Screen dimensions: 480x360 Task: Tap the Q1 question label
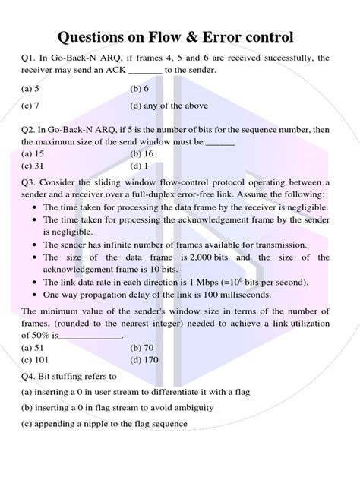(30, 58)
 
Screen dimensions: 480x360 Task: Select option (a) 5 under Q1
(31, 88)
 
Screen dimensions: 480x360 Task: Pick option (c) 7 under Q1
(31, 106)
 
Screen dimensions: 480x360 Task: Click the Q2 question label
(30, 129)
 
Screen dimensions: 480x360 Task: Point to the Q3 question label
(30, 182)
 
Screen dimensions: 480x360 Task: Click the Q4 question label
(30, 376)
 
